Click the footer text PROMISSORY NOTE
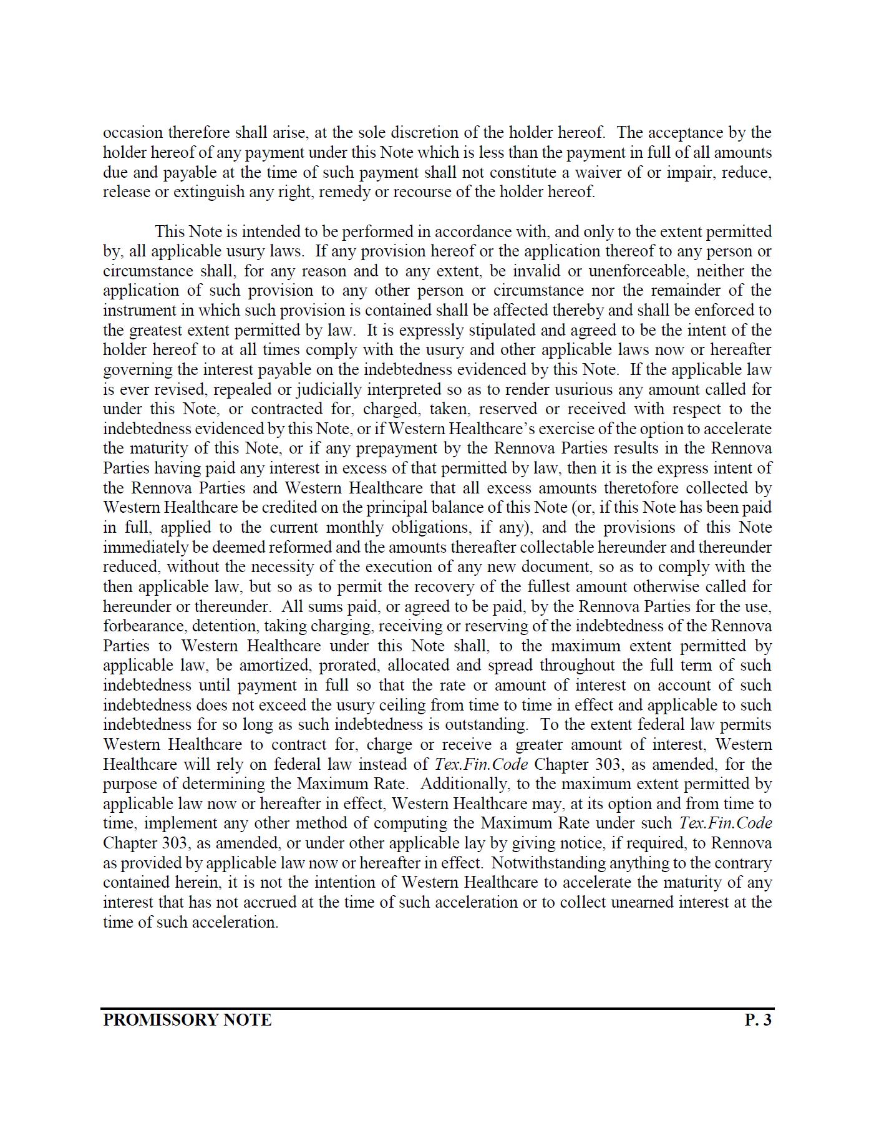click(187, 1021)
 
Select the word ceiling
click(461, 706)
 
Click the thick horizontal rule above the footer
click(437, 1008)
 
